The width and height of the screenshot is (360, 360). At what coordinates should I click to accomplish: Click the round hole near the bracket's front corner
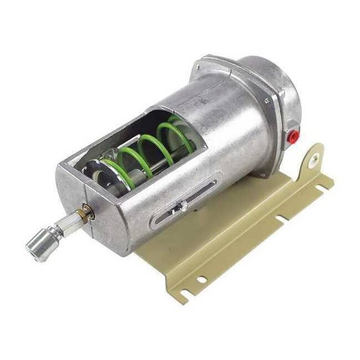point(202,279)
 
